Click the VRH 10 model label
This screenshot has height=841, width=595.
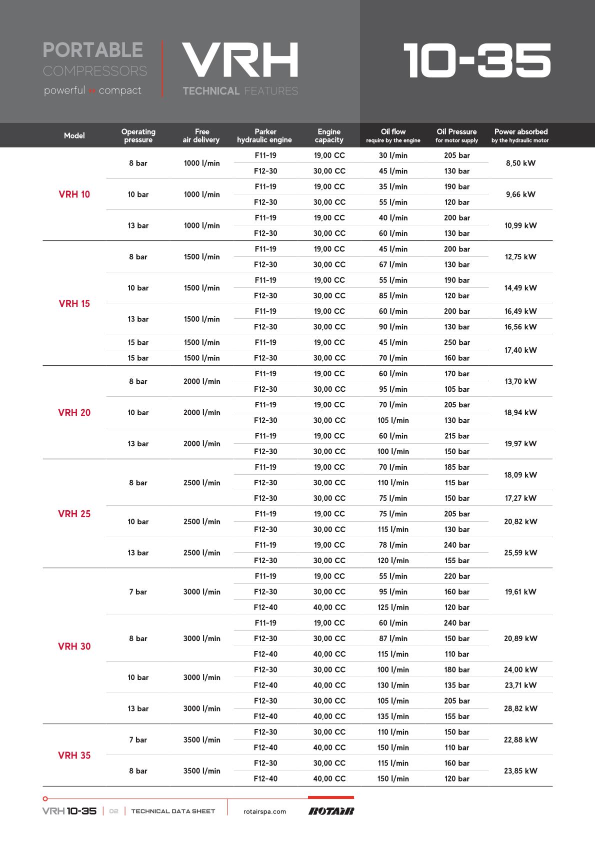[74, 194]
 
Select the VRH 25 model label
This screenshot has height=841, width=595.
[74, 514]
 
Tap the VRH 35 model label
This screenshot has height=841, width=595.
[74, 755]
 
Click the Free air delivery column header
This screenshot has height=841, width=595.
[201, 135]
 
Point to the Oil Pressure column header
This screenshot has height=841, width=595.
[456, 135]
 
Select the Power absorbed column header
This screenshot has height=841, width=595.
[520, 135]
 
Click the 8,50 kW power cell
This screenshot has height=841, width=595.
[520, 163]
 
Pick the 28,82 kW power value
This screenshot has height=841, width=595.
[520, 709]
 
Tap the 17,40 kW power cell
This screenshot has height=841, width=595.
[520, 350]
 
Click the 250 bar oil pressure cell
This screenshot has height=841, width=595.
[457, 342]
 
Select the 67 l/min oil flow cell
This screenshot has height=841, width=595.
[393, 264]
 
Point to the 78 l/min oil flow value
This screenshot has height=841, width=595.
[393, 545]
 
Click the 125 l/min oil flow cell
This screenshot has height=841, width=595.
[393, 607]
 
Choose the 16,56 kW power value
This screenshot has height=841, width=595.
[520, 327]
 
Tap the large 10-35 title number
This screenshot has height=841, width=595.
[477, 61]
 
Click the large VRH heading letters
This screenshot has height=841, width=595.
[240, 60]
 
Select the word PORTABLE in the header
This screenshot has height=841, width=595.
[93, 50]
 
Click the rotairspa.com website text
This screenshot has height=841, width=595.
[264, 812]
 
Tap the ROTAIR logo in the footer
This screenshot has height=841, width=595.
[331, 811]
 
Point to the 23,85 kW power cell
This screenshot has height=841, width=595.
[520, 771]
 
